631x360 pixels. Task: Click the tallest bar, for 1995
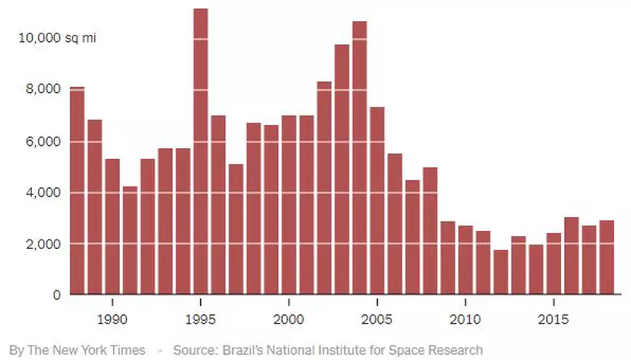(x=201, y=152)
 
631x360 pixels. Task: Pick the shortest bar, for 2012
(x=500, y=272)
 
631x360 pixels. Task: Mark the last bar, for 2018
(x=606, y=257)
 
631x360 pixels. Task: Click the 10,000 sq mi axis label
(x=57, y=38)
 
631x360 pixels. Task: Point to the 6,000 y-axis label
(x=45, y=141)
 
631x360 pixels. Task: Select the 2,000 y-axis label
(x=45, y=244)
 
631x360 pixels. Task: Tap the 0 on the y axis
(x=57, y=295)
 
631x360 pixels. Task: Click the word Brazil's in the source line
(x=239, y=350)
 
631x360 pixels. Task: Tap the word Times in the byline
(x=129, y=350)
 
